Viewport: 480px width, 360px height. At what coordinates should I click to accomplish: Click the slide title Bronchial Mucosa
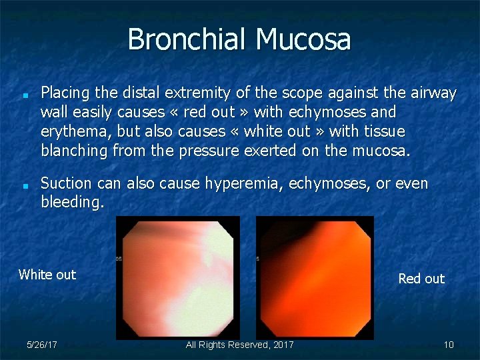click(x=239, y=39)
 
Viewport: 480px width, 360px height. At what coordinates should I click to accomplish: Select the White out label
click(x=47, y=275)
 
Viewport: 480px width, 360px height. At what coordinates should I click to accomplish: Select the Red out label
click(x=421, y=279)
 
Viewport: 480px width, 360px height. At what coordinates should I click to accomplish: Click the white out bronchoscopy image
click(x=178, y=277)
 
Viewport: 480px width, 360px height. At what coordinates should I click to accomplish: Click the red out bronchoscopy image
click(x=315, y=277)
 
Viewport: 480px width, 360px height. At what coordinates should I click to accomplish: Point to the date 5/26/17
click(x=41, y=345)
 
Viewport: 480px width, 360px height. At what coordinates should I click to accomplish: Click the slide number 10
click(x=449, y=345)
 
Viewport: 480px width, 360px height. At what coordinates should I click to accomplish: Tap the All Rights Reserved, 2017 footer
click(x=239, y=345)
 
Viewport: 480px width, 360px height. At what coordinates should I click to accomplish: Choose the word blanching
click(x=74, y=151)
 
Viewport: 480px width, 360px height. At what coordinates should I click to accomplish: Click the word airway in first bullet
click(x=433, y=93)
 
